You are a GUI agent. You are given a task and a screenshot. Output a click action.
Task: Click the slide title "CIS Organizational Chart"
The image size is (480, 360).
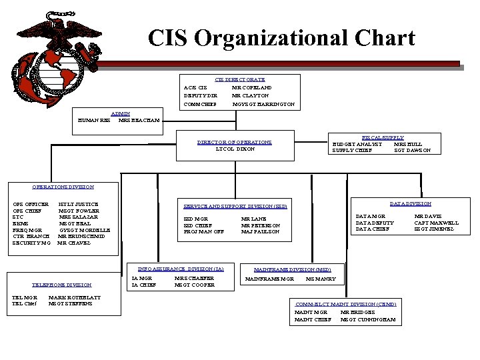point(281,38)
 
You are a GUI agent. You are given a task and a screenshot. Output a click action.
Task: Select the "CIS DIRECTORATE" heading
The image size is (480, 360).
point(239,79)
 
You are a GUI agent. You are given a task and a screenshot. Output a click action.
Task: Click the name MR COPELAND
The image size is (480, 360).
point(251,87)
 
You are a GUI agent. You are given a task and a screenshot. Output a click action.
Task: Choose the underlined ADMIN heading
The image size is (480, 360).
point(121,114)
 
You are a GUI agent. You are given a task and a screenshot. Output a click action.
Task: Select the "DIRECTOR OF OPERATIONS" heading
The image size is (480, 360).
point(235,142)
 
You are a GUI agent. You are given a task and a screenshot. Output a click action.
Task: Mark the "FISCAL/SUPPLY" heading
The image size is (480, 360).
point(383,137)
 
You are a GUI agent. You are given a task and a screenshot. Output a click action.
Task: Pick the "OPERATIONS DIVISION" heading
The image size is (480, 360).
point(63,187)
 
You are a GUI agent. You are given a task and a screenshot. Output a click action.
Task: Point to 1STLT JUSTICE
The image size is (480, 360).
point(79,203)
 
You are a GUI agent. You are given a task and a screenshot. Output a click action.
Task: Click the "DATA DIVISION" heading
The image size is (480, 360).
point(411,203)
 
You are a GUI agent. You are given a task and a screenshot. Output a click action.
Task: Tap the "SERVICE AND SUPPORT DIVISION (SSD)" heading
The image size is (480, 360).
point(235,207)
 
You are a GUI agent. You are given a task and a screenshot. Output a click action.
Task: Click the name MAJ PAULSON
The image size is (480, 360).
point(260,231)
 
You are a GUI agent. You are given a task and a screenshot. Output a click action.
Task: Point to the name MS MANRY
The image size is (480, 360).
point(320,279)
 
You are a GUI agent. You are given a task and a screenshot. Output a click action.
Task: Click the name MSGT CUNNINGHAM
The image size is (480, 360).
point(369,320)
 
